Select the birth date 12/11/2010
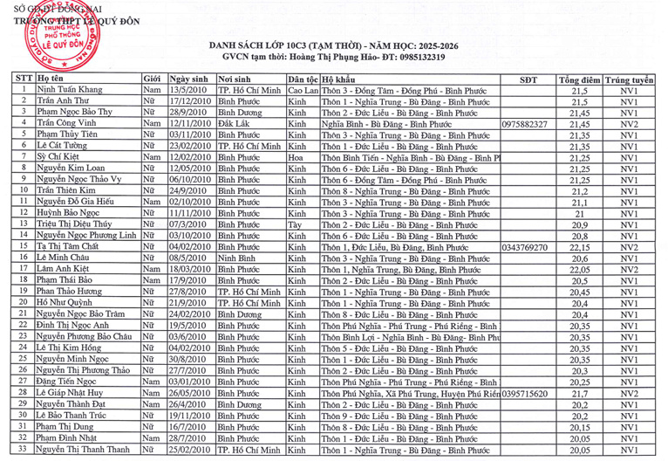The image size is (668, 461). tap(191, 124)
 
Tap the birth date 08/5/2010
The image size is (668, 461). tap(187, 258)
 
